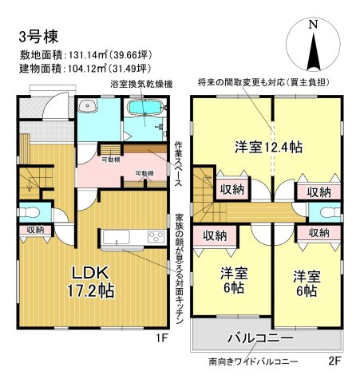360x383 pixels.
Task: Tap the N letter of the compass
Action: pyautogui.click(x=312, y=25)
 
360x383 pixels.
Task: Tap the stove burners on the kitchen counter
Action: pyautogui.click(x=150, y=236)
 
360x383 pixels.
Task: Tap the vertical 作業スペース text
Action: pyautogui.click(x=180, y=160)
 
